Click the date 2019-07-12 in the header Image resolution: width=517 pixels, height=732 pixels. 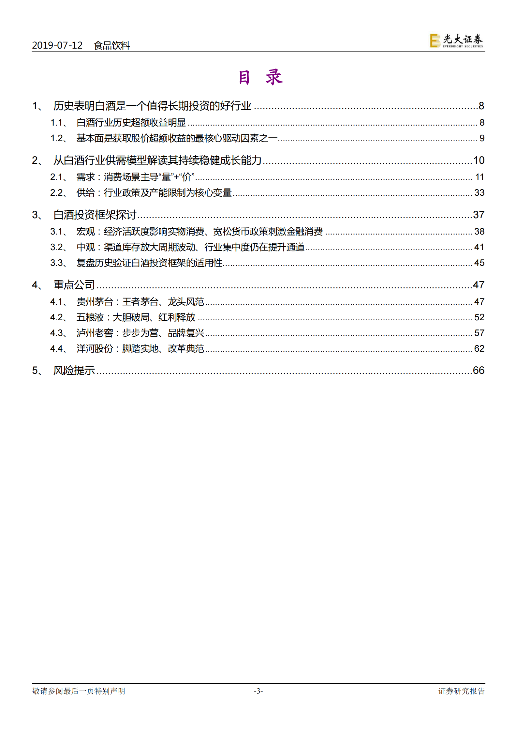pos(57,45)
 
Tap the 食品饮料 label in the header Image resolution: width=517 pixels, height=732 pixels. pos(112,45)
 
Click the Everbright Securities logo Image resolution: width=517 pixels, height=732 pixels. pos(456,41)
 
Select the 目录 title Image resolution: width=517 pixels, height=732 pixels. pos(260,78)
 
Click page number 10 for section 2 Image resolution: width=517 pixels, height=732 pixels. pos(479,160)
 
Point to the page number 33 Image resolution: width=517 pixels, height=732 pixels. pos(479,192)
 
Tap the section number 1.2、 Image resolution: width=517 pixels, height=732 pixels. pos(59,138)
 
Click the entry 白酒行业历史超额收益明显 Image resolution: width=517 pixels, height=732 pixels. pos(131,123)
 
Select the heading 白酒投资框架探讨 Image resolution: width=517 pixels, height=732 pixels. pos(95,215)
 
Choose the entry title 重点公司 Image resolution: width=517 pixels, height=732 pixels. pos(74,285)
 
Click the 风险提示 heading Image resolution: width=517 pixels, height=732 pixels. pos(74,370)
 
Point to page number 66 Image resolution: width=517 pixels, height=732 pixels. pos(479,370)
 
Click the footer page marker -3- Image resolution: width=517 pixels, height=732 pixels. pos(258,691)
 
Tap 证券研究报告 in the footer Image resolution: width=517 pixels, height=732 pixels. pos(461,691)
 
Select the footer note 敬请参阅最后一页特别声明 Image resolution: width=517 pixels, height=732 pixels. pos(79,691)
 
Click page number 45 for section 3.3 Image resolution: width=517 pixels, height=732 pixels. pos(479,263)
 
